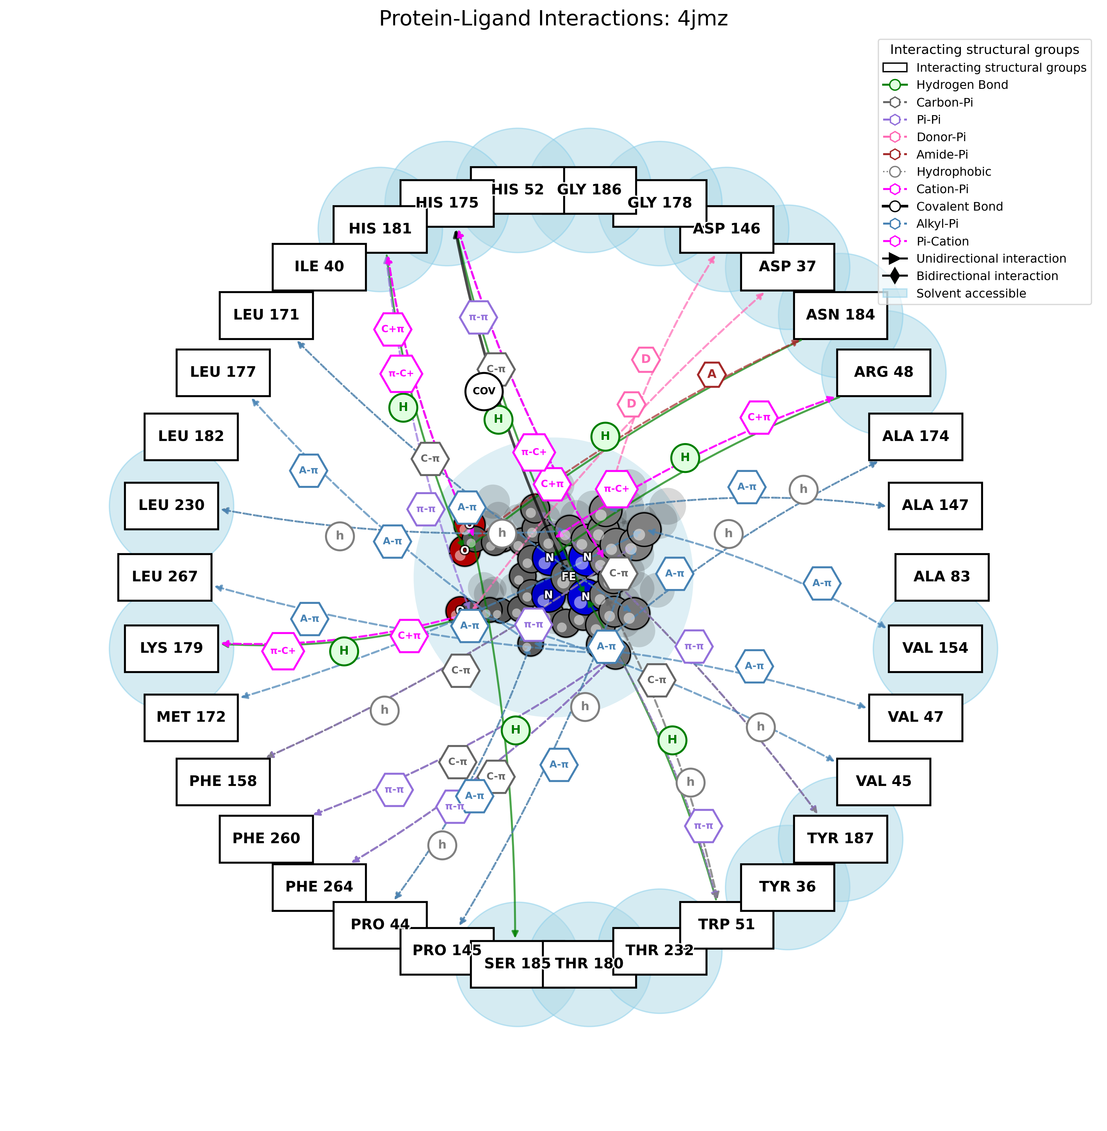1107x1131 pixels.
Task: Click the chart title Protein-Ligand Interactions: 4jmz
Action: tap(553, 19)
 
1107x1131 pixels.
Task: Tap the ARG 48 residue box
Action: tap(883, 372)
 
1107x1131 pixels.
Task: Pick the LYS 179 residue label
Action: tap(172, 648)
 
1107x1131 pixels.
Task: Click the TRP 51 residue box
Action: tap(726, 924)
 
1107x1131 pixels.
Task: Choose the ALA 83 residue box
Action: tap(941, 576)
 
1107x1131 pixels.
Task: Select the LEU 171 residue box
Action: tap(266, 315)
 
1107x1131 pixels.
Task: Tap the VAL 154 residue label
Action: tap(935, 648)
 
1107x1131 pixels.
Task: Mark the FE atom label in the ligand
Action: tap(568, 576)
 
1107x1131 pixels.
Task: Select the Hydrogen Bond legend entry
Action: tap(962, 85)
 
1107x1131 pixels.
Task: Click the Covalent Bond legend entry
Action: tap(959, 206)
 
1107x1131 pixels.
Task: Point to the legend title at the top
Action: tap(984, 49)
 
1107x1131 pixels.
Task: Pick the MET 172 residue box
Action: tap(191, 717)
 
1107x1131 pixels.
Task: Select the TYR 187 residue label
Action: tap(840, 838)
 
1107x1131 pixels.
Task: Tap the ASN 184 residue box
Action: tap(840, 315)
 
